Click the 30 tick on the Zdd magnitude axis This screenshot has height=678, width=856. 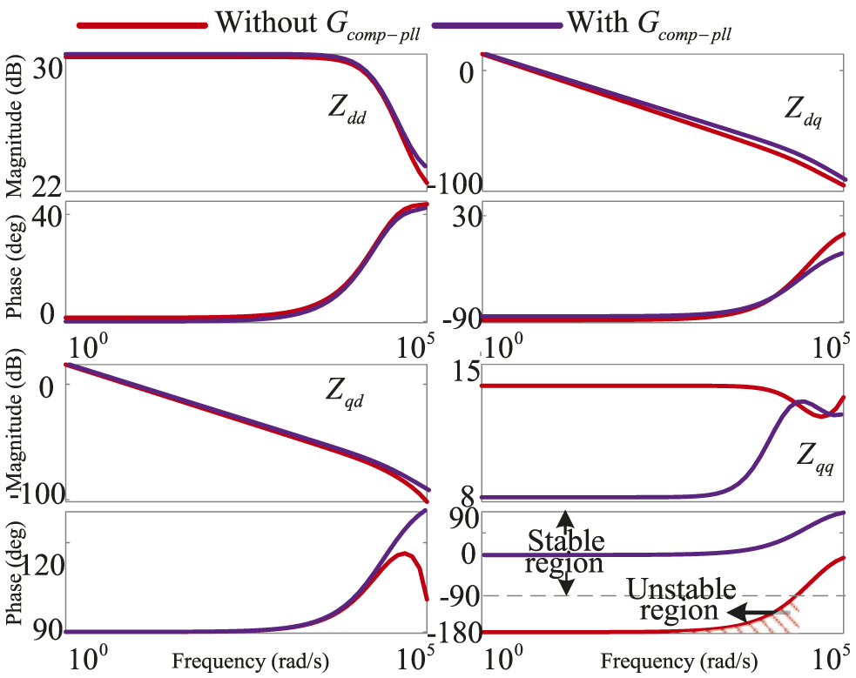44,70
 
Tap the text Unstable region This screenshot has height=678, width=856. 680,600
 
